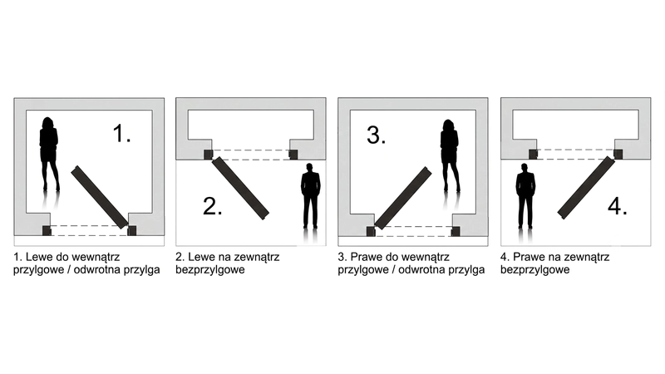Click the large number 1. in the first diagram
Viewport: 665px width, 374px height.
coord(121,133)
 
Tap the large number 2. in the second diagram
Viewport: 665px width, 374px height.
coord(213,206)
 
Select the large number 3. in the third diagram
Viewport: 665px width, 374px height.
coord(377,135)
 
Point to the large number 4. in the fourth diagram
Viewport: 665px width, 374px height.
coord(618,206)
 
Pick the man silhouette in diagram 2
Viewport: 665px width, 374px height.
coord(310,196)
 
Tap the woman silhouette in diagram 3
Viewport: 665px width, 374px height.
coord(450,155)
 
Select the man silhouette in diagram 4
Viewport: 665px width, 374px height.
coord(525,196)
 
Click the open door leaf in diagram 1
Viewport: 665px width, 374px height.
coord(100,197)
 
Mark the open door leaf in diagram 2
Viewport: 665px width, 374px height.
coord(240,189)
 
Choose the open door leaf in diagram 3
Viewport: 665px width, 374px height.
coord(403,198)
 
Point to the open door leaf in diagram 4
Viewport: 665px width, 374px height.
coord(586,188)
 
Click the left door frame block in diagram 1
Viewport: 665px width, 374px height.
coord(47,231)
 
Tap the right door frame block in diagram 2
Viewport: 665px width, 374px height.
coord(293,155)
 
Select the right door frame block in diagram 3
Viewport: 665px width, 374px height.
coord(456,231)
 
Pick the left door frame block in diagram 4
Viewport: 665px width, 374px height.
coord(533,155)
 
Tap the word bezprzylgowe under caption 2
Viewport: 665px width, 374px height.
coord(210,269)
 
